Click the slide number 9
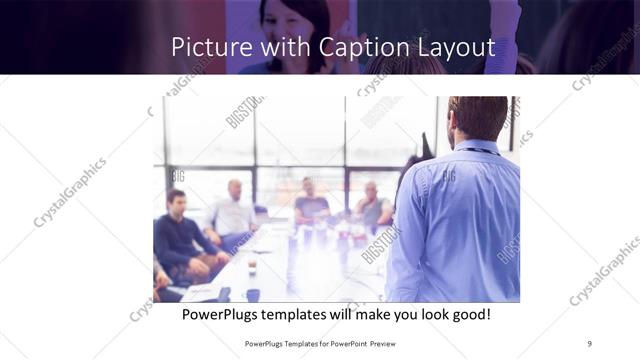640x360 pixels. [x=589, y=343]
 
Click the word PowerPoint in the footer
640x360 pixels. [x=346, y=343]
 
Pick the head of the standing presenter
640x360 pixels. [x=477, y=117]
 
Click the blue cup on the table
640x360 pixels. [x=252, y=294]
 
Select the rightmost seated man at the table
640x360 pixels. [x=372, y=207]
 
